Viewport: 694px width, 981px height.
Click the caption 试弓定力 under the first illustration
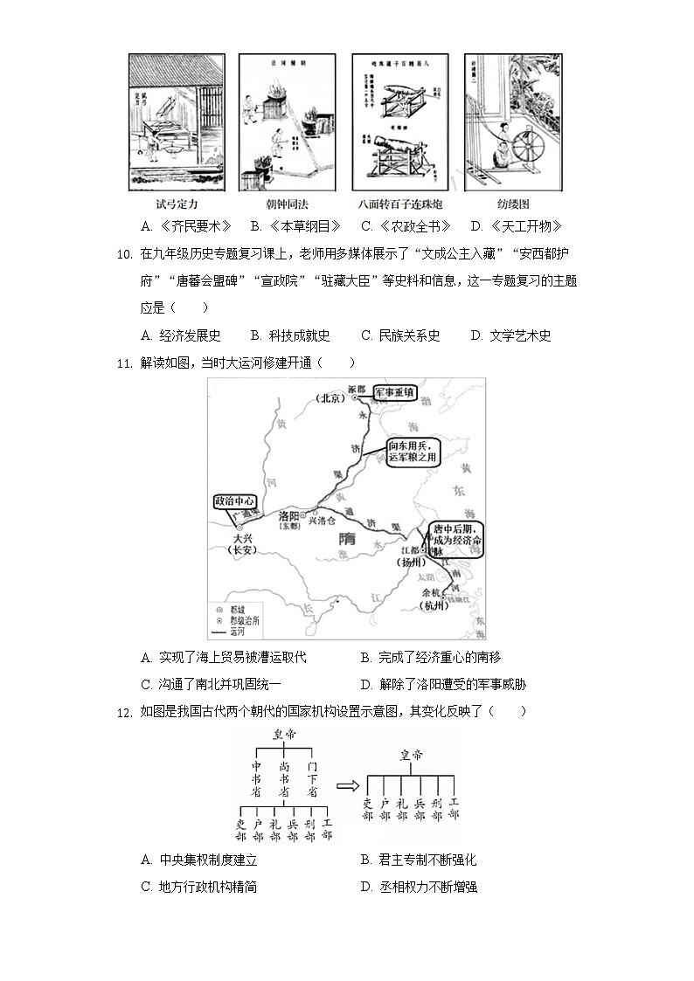pyautogui.click(x=176, y=204)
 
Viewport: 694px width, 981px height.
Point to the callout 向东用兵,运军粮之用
pyautogui.click(x=413, y=451)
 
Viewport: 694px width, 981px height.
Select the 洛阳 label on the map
pyautogui.click(x=290, y=515)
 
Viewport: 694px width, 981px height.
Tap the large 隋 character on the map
pyautogui.click(x=350, y=542)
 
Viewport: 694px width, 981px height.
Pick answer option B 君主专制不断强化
pyautogui.click(x=418, y=860)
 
